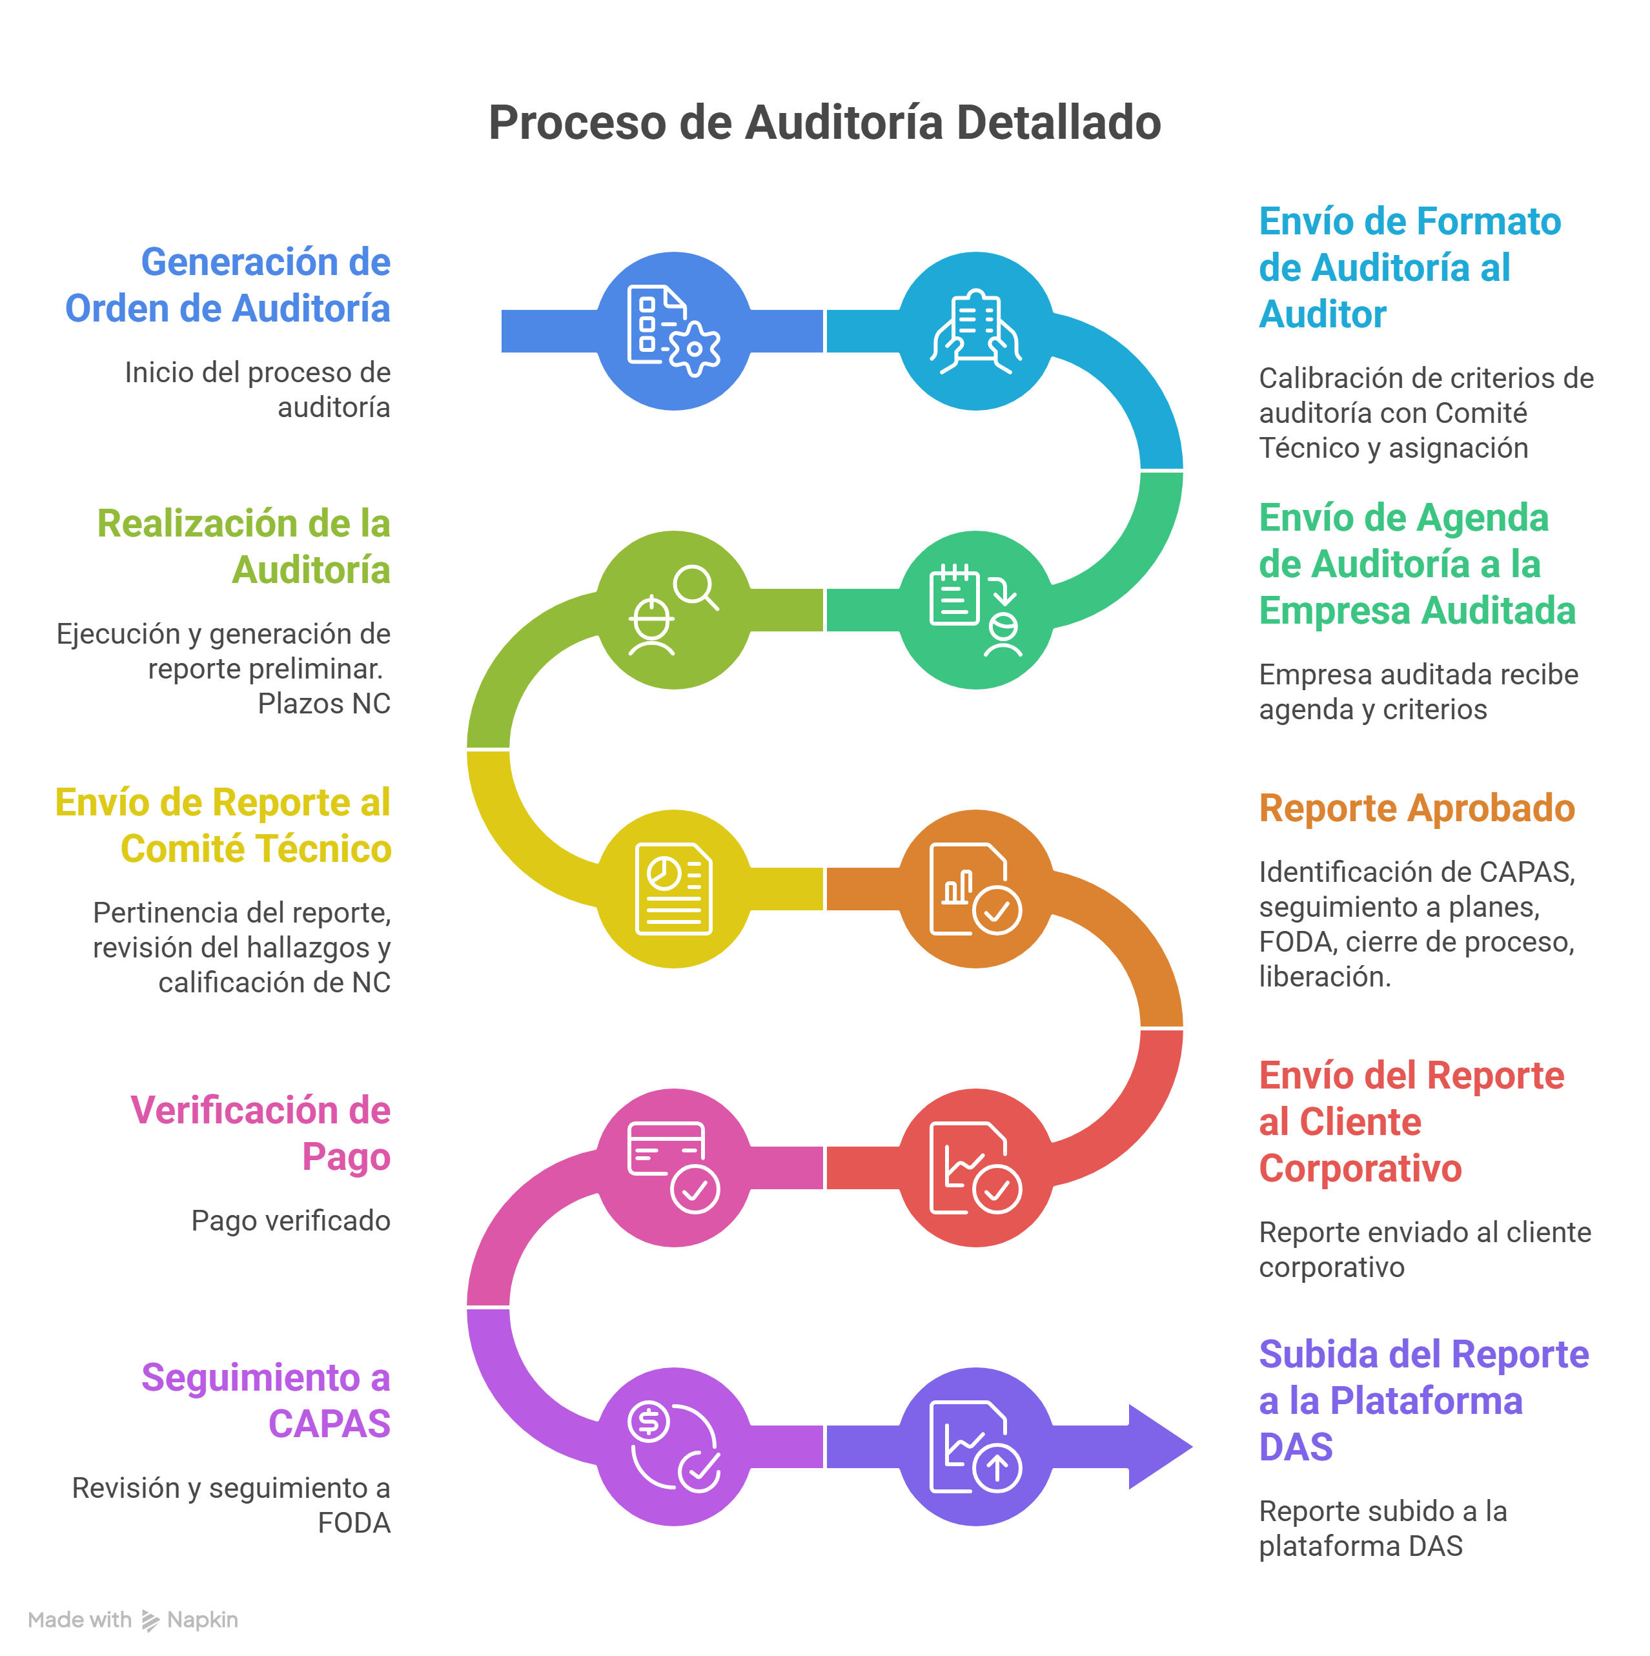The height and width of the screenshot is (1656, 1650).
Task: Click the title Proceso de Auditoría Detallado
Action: point(824,123)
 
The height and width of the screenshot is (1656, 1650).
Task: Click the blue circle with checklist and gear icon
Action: point(674,331)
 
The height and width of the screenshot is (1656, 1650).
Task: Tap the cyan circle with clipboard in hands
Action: point(975,331)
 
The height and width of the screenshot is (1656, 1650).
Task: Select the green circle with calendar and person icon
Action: point(975,609)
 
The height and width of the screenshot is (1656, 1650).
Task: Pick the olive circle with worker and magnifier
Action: point(674,609)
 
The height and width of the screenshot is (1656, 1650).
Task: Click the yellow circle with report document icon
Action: point(674,889)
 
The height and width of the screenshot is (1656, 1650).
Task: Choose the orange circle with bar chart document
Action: point(975,889)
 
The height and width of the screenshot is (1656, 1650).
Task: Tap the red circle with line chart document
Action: point(975,1167)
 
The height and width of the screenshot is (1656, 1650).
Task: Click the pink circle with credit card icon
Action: point(674,1167)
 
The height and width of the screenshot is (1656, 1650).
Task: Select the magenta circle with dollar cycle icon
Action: point(674,1447)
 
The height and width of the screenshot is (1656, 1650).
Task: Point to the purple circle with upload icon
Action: point(975,1447)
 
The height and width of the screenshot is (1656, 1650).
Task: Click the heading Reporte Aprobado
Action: point(1417,808)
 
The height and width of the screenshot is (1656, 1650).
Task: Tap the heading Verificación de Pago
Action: point(261,1133)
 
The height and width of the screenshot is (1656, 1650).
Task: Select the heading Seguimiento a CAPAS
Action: point(266,1400)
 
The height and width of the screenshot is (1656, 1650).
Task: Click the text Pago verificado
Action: point(290,1221)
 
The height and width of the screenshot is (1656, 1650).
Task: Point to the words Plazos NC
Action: point(324,704)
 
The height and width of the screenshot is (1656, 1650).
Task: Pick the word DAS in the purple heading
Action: point(1296,1447)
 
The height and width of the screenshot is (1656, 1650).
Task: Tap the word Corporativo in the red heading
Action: point(1360,1169)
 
